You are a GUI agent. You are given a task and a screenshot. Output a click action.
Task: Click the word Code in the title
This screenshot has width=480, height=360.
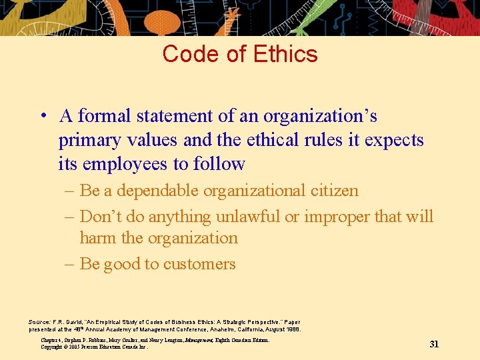click(189, 54)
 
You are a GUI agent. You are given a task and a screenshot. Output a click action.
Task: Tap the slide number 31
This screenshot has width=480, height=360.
click(434, 344)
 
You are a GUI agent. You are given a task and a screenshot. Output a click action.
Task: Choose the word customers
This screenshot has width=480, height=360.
click(201, 264)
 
